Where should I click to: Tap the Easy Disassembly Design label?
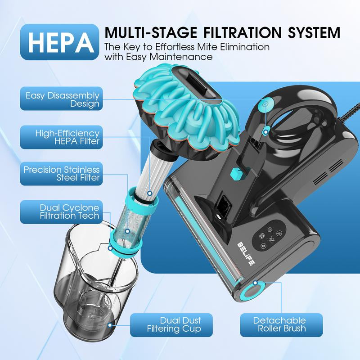(62, 99)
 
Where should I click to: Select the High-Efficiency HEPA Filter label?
(62, 137)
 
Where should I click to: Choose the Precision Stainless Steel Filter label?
(62, 174)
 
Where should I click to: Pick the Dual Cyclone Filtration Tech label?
(62, 211)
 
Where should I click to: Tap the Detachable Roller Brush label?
(279, 325)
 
